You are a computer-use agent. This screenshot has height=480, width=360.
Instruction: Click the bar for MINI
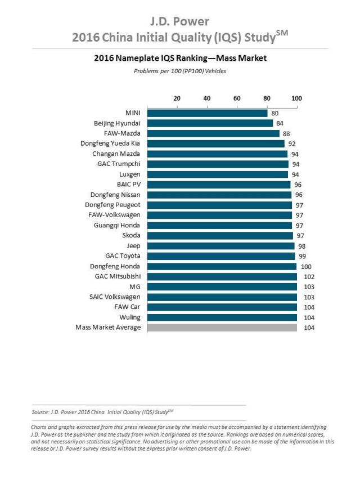[208, 113]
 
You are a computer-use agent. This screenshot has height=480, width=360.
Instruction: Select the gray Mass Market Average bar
[222, 328]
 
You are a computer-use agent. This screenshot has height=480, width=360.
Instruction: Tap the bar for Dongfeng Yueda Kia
[216, 143]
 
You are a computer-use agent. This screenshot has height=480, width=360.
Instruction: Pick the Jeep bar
[220, 246]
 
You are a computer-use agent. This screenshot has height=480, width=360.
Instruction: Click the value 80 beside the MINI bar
[274, 113]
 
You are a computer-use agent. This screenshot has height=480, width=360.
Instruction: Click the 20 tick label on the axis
[177, 98]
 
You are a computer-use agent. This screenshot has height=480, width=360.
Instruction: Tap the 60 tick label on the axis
[237, 98]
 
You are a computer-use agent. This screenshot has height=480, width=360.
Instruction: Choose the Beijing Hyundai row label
[117, 123]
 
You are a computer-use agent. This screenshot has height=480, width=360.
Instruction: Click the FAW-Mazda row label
[122, 133]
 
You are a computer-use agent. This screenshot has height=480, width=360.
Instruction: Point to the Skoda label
[131, 236]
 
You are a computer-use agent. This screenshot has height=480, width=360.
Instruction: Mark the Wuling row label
[129, 317]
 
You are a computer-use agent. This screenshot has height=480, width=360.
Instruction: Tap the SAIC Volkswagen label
[115, 297]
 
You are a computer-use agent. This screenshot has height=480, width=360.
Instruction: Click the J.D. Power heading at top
[179, 22]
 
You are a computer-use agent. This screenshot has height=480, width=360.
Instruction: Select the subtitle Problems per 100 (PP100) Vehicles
[179, 71]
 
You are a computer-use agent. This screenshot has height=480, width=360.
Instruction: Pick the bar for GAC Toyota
[221, 256]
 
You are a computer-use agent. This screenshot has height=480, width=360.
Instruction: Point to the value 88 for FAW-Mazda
[286, 133]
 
